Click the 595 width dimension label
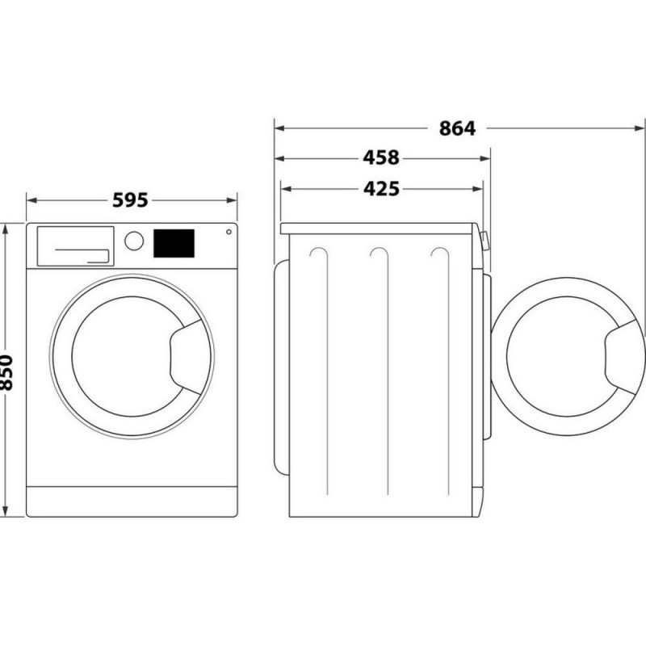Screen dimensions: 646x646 pos(130,200)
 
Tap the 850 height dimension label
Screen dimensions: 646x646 pos(6,372)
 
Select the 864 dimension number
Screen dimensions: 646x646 pos(457,128)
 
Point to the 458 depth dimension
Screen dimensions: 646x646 pos(381,157)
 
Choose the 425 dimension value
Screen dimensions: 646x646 pos(381,189)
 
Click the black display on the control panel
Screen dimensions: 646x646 pos(174,244)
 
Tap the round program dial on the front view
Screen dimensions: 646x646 pos(134,241)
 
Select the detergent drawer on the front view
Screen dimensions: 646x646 pos(75,246)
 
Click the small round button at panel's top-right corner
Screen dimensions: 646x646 pos(229,232)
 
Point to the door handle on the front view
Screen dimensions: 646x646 pos(186,357)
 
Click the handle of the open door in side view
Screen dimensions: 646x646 pos(623,357)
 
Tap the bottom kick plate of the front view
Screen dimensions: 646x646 pos(132,501)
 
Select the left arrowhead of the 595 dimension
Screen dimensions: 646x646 pos(31,200)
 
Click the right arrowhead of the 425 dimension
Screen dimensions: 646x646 pos(477,189)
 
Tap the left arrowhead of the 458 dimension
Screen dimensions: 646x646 pos(279,158)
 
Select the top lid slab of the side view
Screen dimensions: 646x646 pos(377,229)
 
